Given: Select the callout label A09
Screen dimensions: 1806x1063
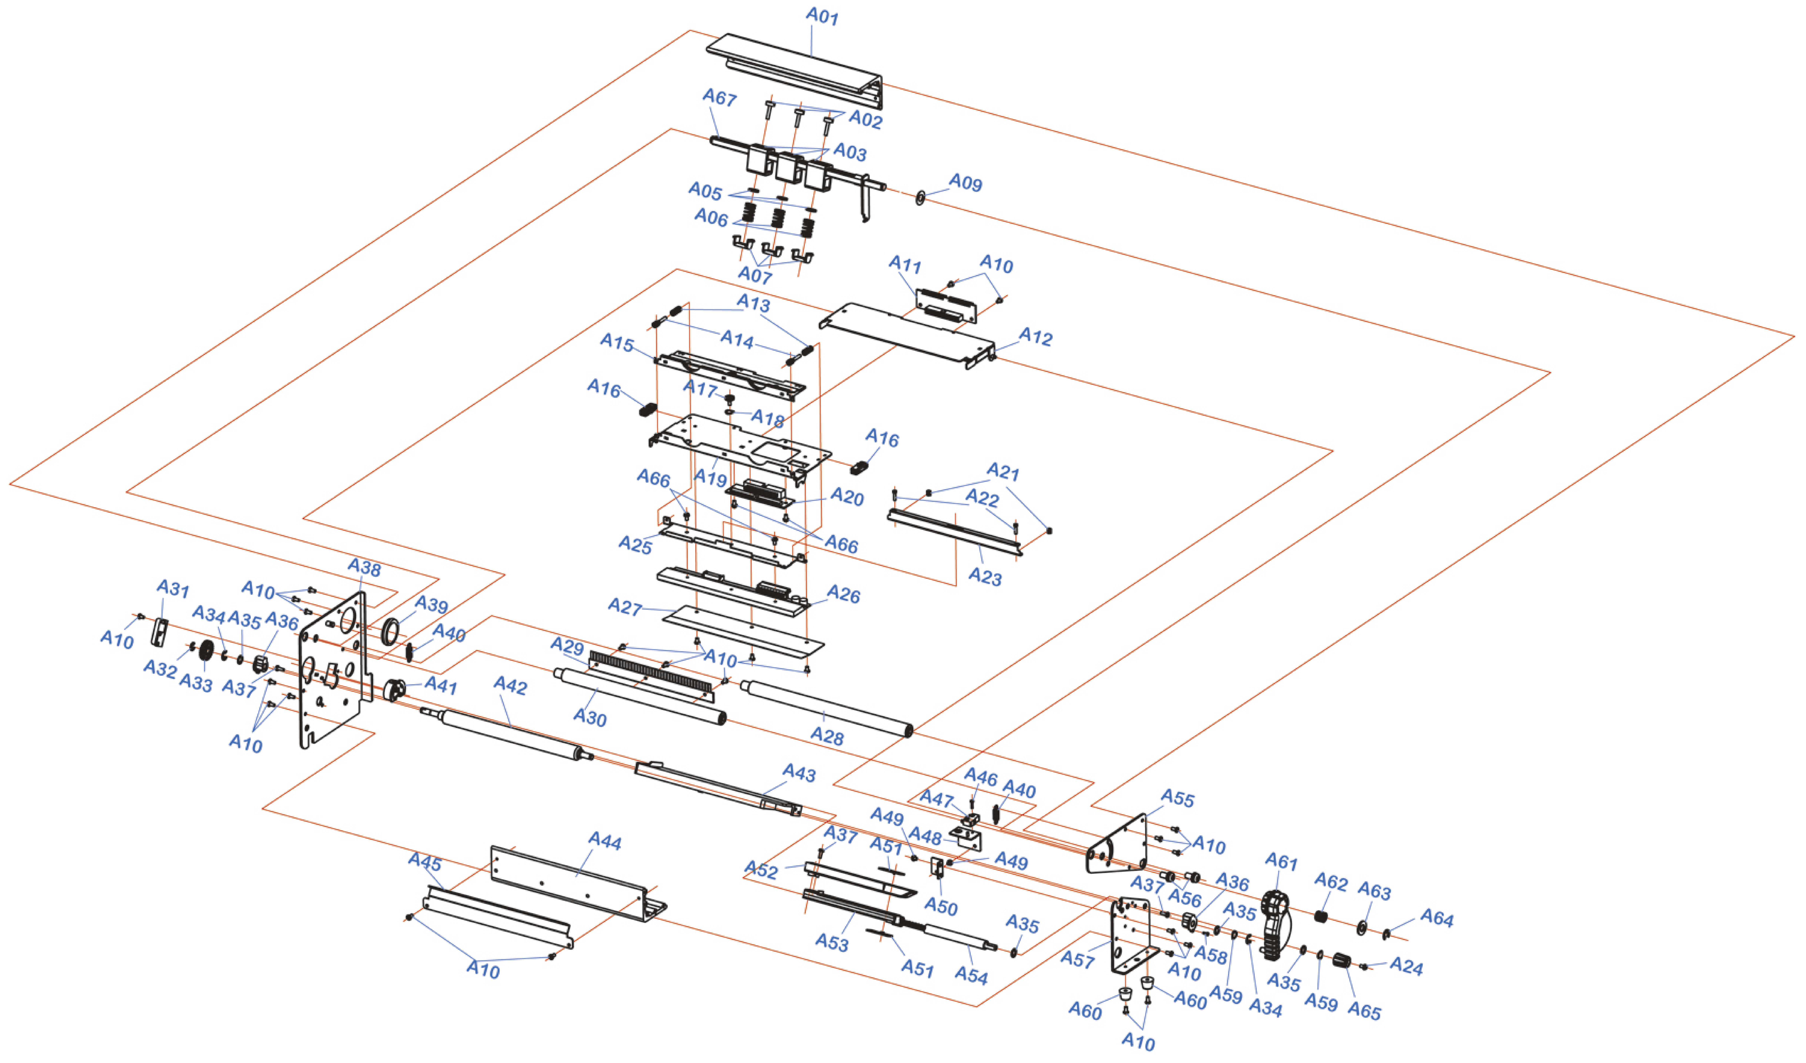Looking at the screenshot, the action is (965, 183).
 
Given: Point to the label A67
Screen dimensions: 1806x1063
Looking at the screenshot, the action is (719, 97).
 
